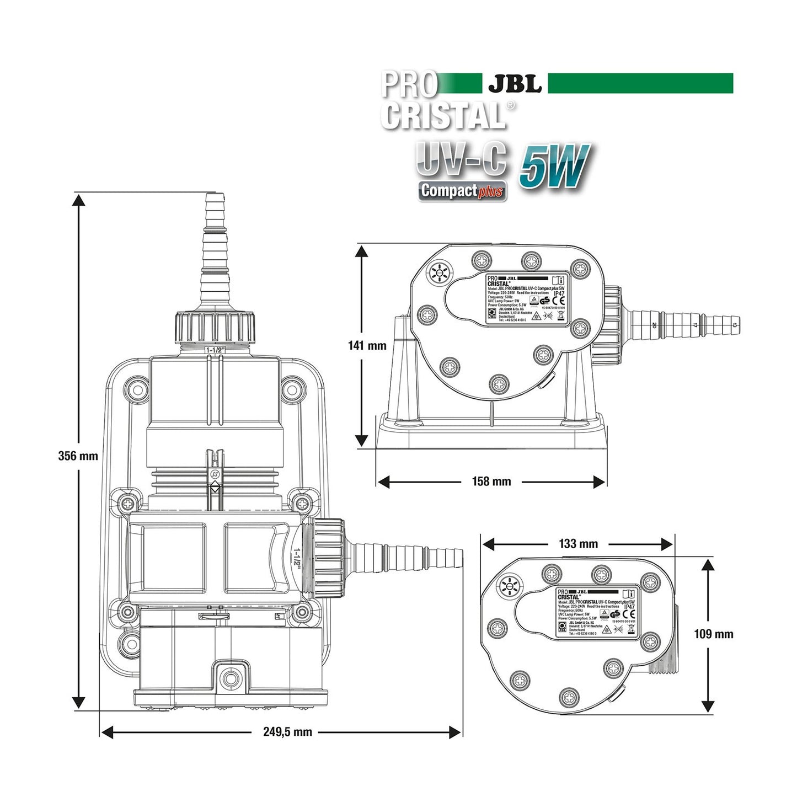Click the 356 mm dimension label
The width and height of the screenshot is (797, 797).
[x=78, y=456]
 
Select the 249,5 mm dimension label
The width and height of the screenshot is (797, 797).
[x=287, y=732]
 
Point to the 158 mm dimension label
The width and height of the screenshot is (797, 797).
[x=491, y=482]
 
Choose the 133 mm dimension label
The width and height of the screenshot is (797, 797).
[x=578, y=544]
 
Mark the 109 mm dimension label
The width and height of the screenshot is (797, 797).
[x=714, y=634]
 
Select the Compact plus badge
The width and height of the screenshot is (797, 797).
[x=462, y=191]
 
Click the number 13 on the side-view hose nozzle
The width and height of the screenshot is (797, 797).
[x=734, y=325]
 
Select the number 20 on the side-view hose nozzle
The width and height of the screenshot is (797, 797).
[x=654, y=325]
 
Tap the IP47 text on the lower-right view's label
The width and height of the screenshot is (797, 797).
[x=629, y=607]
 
